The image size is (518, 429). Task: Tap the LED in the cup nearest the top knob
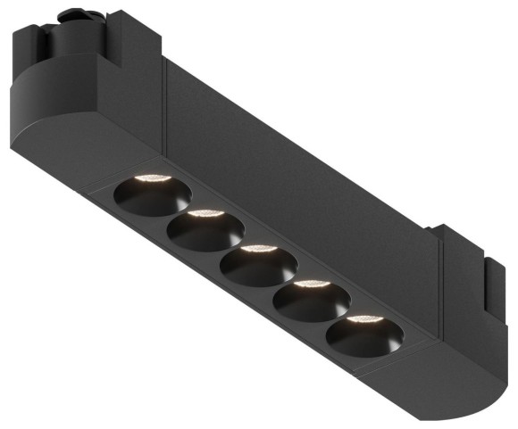152,178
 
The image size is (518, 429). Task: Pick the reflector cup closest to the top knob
151,194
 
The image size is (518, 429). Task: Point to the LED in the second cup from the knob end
205,214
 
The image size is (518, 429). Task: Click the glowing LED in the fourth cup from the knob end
312,285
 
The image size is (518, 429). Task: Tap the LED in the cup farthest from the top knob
364,319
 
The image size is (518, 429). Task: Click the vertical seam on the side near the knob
165,103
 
